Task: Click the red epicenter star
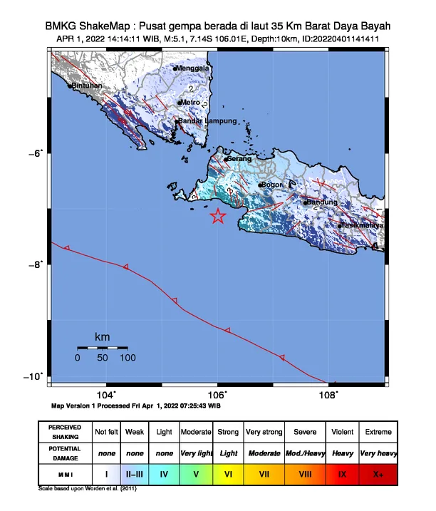pyautogui.click(x=218, y=216)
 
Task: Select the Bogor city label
pyautogui.click(x=274, y=185)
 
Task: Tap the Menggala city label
pyautogui.click(x=194, y=68)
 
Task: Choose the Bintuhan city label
pyautogui.click(x=87, y=86)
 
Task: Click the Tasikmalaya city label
pyautogui.click(x=362, y=225)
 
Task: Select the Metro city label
pyautogui.click(x=191, y=103)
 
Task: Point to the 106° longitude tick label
pyautogui.click(x=217, y=394)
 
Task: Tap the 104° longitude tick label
pyautogui.click(x=105, y=394)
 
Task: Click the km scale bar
pyautogui.click(x=102, y=348)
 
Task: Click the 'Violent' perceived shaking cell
pyautogui.click(x=342, y=432)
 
